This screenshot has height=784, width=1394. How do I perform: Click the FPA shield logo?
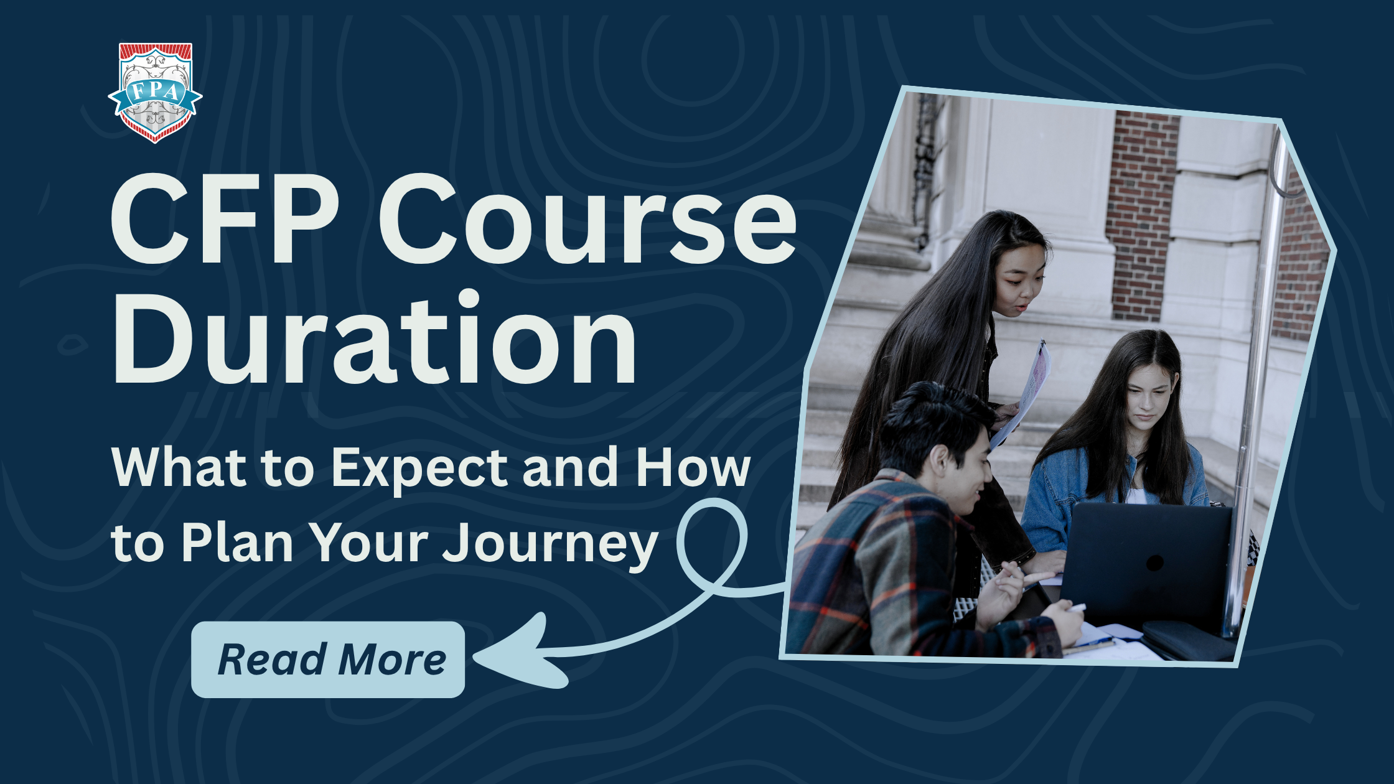pyautogui.click(x=155, y=93)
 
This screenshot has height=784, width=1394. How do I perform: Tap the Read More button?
pyautogui.click(x=328, y=660)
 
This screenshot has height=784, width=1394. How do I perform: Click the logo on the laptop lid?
pyautogui.click(x=1155, y=562)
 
